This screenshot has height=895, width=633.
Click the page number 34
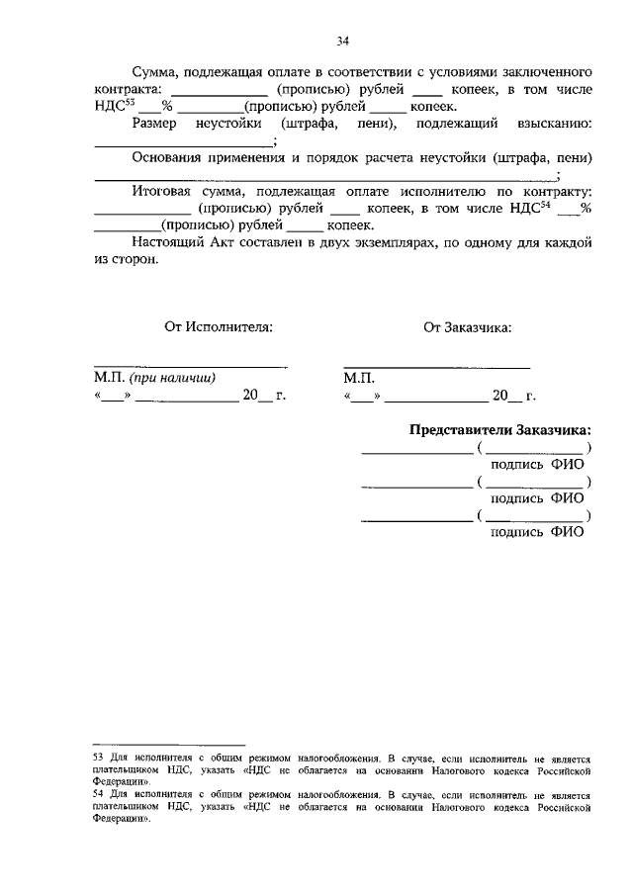tap(343, 42)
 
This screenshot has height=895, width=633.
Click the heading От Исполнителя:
tap(218, 326)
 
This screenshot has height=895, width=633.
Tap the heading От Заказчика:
tap(467, 326)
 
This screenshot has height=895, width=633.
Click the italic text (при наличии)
tap(172, 378)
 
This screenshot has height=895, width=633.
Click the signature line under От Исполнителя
tap(191, 367)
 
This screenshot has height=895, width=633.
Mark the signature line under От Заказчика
tap(436, 367)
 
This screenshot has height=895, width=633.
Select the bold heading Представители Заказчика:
tap(500, 430)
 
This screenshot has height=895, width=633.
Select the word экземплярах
tap(379, 242)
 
